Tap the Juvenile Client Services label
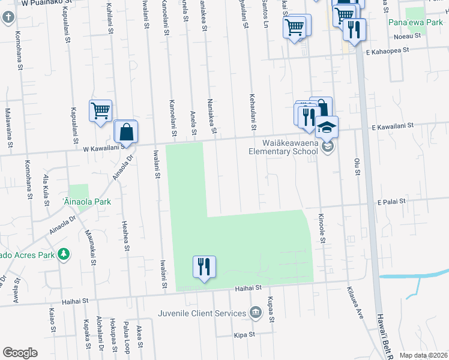(202, 313)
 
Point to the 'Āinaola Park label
(87, 202)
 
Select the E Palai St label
(393, 203)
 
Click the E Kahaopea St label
(388, 52)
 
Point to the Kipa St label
(244, 334)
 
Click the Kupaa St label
(272, 307)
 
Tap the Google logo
(20, 353)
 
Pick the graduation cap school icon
(327, 127)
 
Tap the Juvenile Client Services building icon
(256, 313)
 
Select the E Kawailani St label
(393, 127)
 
